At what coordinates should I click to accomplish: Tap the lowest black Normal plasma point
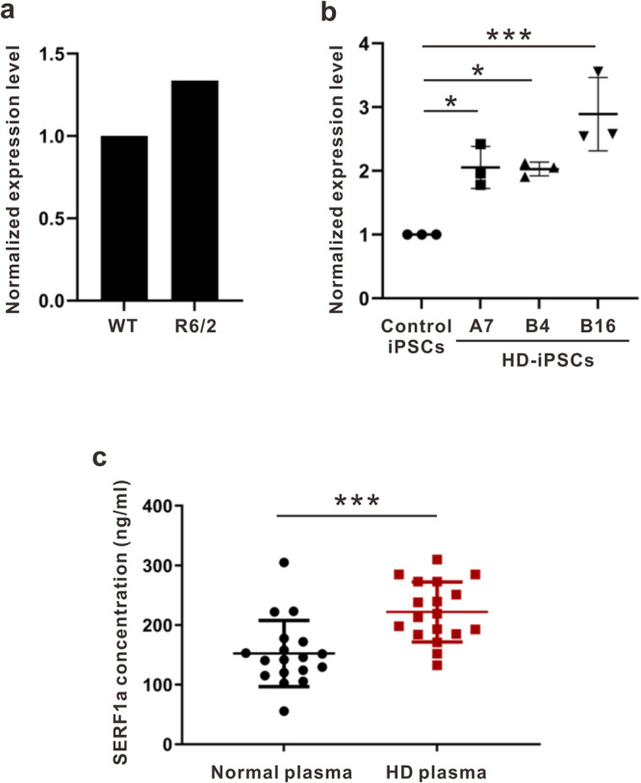click(284, 711)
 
